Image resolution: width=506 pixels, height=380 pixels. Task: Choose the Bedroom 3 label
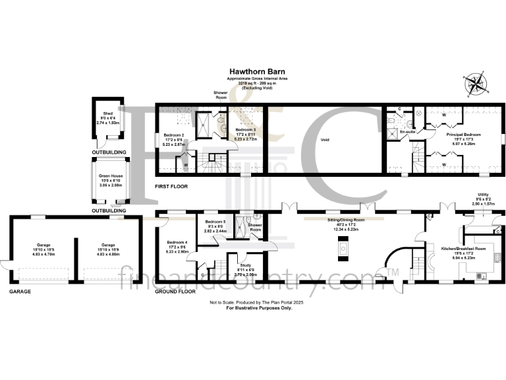tap(245, 130)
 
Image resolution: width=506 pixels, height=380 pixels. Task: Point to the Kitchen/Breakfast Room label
tap(463, 248)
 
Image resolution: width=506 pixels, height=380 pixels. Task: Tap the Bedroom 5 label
tap(215, 222)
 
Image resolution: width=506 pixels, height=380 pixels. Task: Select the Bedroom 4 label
tap(177, 242)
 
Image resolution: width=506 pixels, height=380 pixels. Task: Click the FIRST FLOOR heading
tap(171, 187)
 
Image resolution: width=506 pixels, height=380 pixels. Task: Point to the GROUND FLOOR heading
tap(174, 291)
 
